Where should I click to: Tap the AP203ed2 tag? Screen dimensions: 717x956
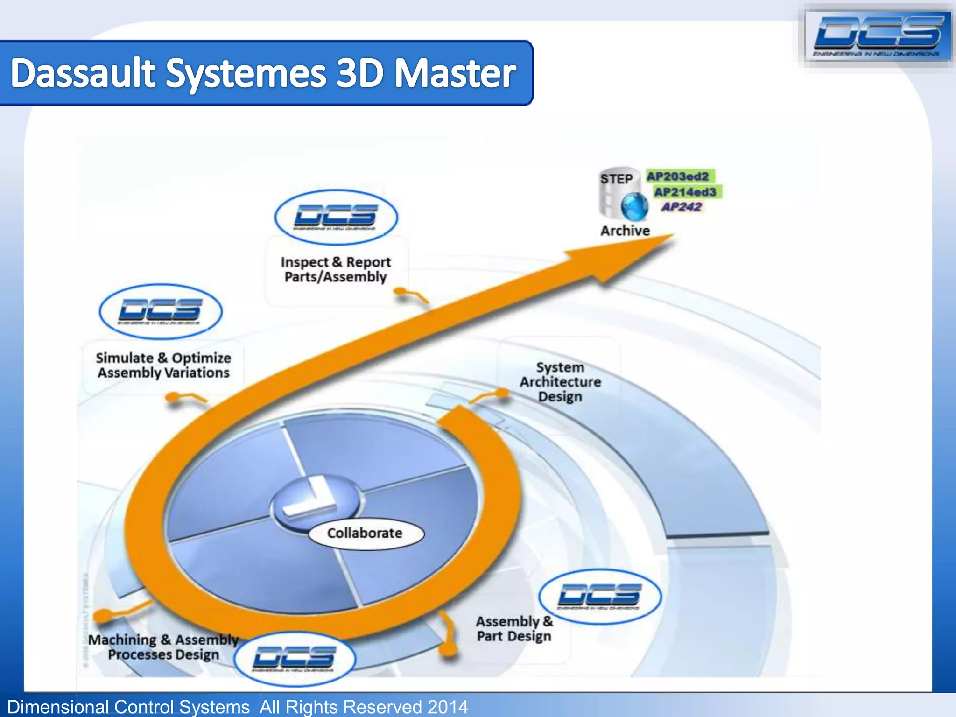(678, 176)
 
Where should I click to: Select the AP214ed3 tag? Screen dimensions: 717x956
(685, 192)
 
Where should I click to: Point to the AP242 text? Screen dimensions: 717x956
(682, 207)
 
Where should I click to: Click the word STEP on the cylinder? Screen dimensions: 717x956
(616, 179)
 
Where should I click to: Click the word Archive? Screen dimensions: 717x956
(625, 231)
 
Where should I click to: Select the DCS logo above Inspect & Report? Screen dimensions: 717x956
(336, 217)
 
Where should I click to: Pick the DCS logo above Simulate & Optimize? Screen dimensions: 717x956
(161, 311)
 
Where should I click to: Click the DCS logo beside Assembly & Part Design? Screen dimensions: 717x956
(600, 597)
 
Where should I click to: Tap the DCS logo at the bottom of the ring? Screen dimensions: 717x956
(295, 659)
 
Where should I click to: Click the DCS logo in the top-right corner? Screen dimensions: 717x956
(877, 35)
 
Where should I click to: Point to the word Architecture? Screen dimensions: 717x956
(560, 382)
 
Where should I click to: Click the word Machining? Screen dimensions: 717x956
(122, 640)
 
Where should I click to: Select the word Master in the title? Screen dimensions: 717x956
(456, 73)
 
